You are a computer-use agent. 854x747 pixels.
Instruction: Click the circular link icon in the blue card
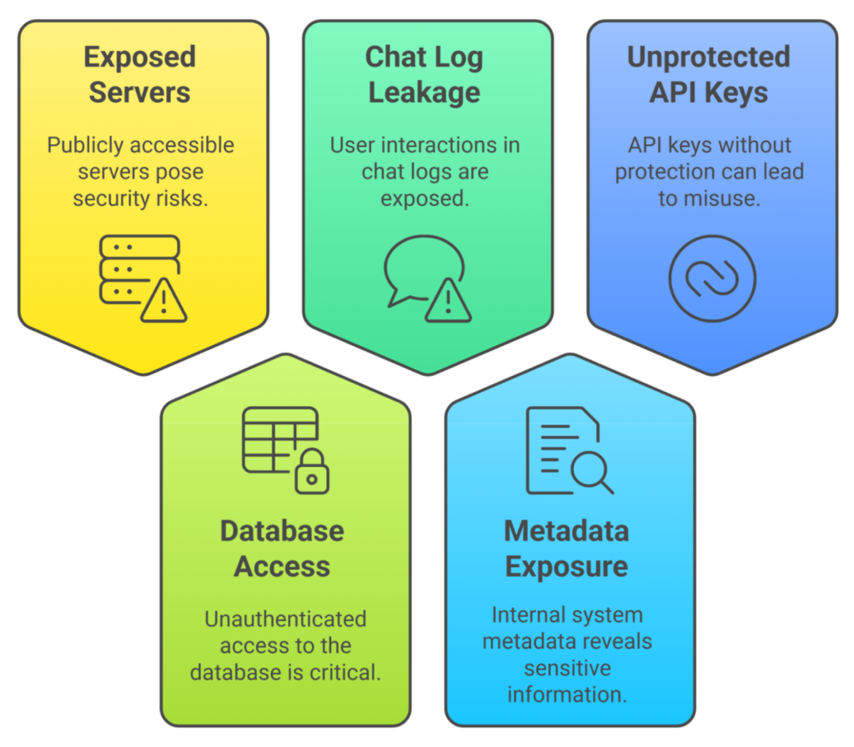pyautogui.click(x=711, y=278)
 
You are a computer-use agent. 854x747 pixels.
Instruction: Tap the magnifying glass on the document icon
pyautogui.click(x=591, y=471)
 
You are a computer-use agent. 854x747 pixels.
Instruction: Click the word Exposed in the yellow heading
pyautogui.click(x=139, y=58)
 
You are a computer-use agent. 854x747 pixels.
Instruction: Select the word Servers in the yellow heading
pyautogui.click(x=139, y=92)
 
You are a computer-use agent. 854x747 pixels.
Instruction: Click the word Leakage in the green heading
pyautogui.click(x=424, y=92)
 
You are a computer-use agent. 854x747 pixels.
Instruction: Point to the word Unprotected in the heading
pyautogui.click(x=708, y=58)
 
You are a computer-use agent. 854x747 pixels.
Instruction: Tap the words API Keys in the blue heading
pyautogui.click(x=708, y=92)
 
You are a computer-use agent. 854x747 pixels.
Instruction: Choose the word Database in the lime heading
pyautogui.click(x=282, y=531)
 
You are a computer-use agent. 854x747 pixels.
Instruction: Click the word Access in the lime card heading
pyautogui.click(x=282, y=566)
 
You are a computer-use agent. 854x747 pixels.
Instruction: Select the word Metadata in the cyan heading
pyautogui.click(x=566, y=531)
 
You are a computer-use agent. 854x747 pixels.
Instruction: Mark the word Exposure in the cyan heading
pyautogui.click(x=566, y=566)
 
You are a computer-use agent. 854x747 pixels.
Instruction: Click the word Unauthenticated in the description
pyautogui.click(x=285, y=619)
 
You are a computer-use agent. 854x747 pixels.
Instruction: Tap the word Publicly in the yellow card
pyautogui.click(x=78, y=145)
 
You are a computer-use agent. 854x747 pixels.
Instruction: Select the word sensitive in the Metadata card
pyautogui.click(x=567, y=668)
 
